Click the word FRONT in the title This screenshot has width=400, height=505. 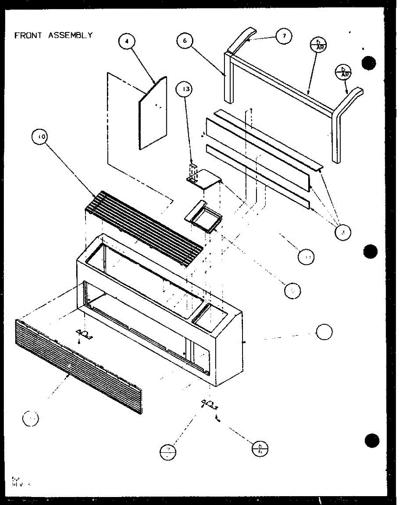(28, 35)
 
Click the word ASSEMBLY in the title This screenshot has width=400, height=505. (70, 35)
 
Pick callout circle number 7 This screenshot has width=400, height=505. (284, 36)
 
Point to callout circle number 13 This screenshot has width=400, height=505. (185, 90)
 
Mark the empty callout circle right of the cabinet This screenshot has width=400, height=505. (325, 332)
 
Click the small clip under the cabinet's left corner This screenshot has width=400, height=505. (84, 334)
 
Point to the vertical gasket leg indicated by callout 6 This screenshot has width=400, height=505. (228, 78)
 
